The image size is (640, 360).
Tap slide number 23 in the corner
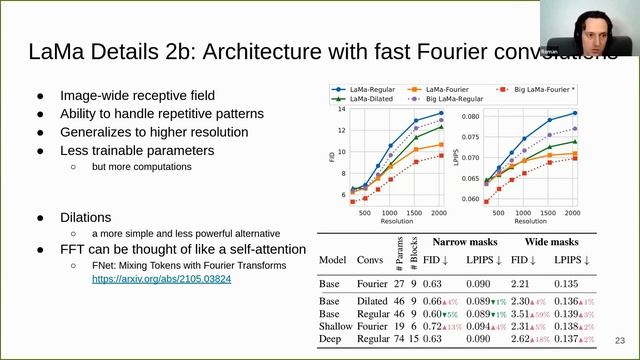point(620,339)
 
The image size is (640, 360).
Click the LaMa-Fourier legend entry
point(455,88)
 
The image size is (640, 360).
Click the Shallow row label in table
point(336,326)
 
